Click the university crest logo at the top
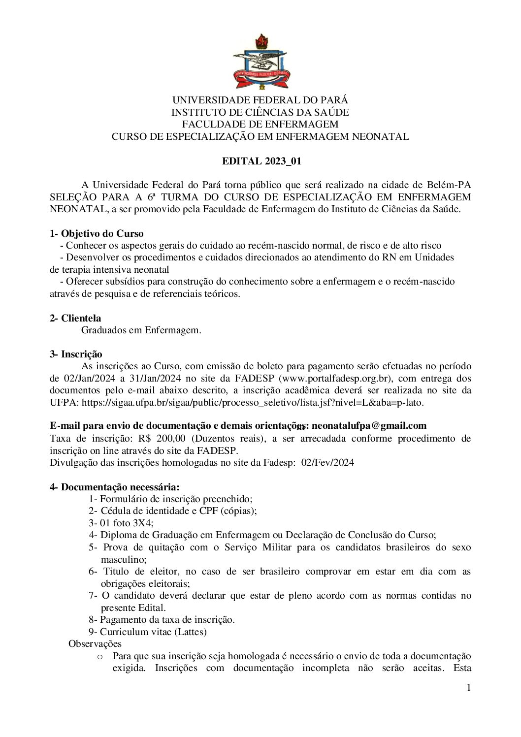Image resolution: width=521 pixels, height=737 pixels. coord(260,62)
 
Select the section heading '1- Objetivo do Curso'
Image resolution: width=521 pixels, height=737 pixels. coord(97,233)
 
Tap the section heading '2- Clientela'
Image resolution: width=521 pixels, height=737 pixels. coord(75,318)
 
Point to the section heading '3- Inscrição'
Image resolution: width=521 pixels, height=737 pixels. coord(76,354)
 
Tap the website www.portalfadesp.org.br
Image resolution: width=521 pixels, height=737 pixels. coord(335,378)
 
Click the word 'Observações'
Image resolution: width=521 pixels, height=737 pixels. coord(95,643)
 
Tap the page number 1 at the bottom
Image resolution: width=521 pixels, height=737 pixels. coord(469,687)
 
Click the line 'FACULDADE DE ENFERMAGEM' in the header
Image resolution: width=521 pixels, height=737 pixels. coord(260,125)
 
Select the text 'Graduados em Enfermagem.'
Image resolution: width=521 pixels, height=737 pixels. coord(141,330)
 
